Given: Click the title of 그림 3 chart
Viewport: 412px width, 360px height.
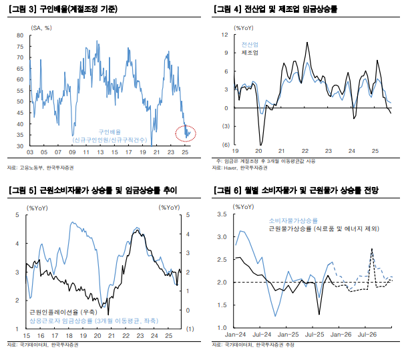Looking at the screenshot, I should coord(64,9).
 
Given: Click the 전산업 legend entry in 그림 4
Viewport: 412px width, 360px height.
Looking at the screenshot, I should coord(249,43).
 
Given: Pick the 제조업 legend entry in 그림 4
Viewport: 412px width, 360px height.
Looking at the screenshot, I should coord(249,51).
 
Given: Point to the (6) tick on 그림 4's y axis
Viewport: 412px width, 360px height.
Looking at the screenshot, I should coord(225,144).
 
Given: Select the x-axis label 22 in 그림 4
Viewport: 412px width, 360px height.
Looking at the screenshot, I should coord(304,152).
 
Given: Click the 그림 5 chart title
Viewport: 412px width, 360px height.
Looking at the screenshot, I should coord(91,191).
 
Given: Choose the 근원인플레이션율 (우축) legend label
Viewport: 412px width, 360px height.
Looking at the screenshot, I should coord(63,312).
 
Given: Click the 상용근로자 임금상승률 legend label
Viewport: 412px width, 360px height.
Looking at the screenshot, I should coord(93,321).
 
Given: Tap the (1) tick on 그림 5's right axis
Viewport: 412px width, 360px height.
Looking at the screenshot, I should coord(190,329).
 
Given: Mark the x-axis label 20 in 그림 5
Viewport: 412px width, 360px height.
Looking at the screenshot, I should coord(97,335).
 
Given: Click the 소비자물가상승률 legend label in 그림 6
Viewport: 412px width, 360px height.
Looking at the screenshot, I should coord(293,220).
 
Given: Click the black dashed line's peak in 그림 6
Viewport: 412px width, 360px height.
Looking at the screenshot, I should coord(371,249).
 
